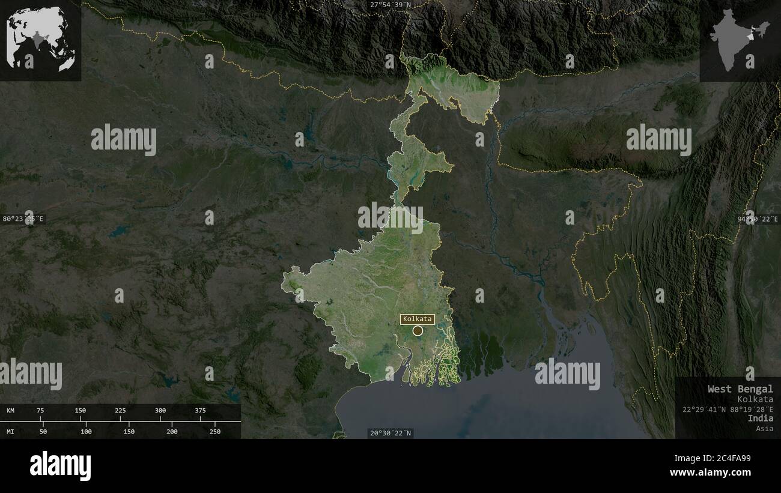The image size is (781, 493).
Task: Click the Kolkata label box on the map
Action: tap(418, 319)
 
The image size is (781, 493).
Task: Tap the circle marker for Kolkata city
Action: tap(418, 330)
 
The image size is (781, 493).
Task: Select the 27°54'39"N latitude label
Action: tap(390, 5)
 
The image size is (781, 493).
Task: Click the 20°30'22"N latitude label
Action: tap(390, 433)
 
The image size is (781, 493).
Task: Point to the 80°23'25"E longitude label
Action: tap(24, 219)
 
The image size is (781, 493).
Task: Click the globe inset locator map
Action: tap(40, 40)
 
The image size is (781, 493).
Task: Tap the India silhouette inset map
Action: tap(740, 40)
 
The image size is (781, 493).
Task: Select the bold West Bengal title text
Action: tap(740, 389)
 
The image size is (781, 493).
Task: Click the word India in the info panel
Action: tap(761, 418)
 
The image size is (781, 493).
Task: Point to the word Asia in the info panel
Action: tap(765, 428)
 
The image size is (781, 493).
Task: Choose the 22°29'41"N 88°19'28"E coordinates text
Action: tap(728, 409)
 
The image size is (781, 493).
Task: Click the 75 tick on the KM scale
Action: tap(40, 411)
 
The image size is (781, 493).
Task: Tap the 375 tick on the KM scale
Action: tap(200, 411)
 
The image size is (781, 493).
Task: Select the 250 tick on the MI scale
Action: tap(215, 431)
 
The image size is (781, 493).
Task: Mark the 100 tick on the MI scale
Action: tap(87, 431)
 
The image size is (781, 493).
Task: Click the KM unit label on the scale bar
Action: tap(11, 411)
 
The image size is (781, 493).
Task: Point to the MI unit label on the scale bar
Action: tap(11, 431)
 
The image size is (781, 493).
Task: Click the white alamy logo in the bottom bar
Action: tap(61, 466)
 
